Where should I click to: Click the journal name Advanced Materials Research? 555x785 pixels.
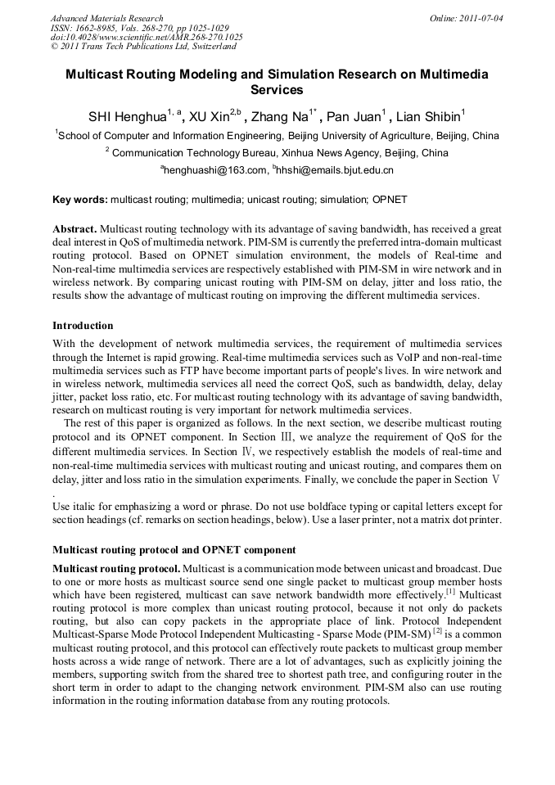[x=106, y=17]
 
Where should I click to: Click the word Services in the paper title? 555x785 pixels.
[x=277, y=90]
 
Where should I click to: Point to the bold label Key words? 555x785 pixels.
[x=79, y=199]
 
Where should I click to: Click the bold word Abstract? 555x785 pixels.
[x=74, y=229]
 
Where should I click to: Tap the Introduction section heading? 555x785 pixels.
[x=83, y=326]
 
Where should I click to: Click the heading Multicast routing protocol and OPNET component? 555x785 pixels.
[x=174, y=549]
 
